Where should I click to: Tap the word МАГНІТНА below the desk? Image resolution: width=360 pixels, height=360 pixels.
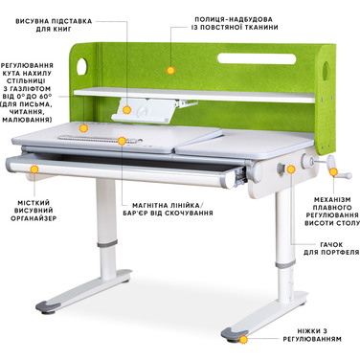click(x=141, y=203)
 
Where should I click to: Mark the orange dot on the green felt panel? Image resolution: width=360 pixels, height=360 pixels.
click(x=169, y=69)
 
